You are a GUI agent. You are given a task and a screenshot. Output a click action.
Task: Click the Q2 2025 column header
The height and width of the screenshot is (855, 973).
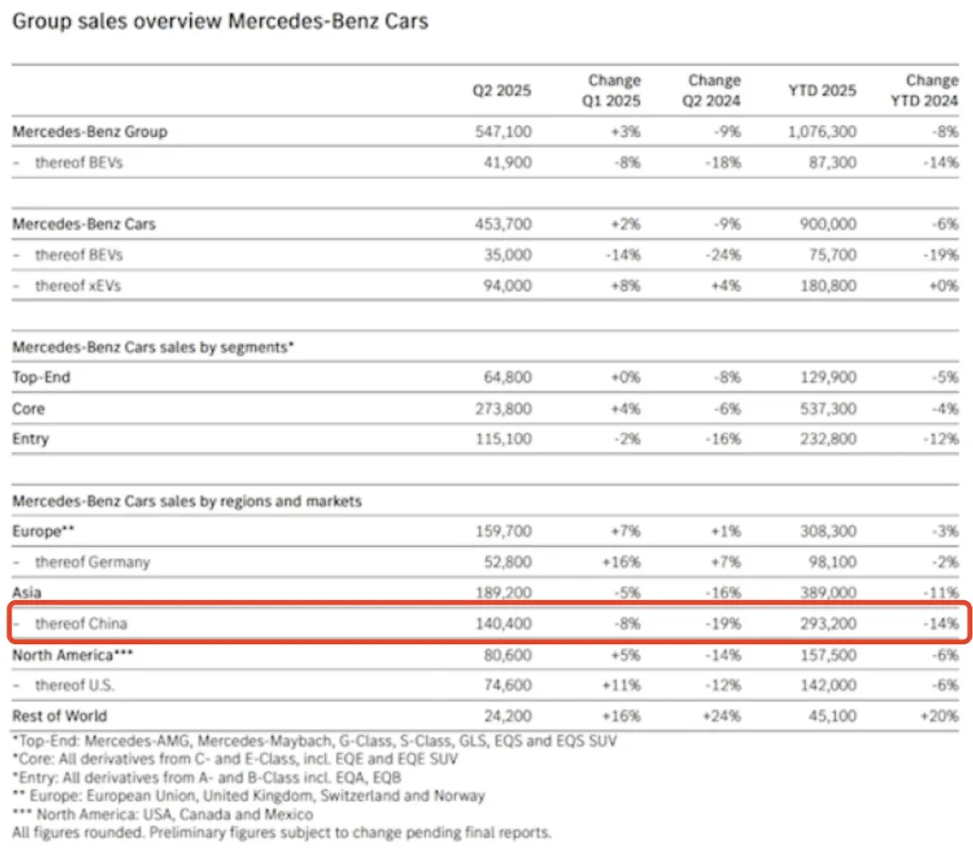[x=502, y=90]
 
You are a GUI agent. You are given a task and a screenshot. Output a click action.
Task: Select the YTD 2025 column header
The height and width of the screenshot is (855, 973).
[x=822, y=90]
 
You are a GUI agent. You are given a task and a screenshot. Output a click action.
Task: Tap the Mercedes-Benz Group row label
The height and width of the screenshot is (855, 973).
[x=90, y=132]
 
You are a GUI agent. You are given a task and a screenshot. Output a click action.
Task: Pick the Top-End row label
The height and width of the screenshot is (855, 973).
[x=41, y=377]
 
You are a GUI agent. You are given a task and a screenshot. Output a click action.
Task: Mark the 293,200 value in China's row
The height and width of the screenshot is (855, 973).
[x=827, y=623]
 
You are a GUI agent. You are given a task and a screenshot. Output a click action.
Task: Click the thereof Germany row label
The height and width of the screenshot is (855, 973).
[x=92, y=562]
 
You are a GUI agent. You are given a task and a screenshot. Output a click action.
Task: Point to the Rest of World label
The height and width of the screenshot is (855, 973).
[x=59, y=716]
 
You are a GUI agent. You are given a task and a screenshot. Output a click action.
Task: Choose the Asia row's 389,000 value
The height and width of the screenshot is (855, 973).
[x=827, y=593]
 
